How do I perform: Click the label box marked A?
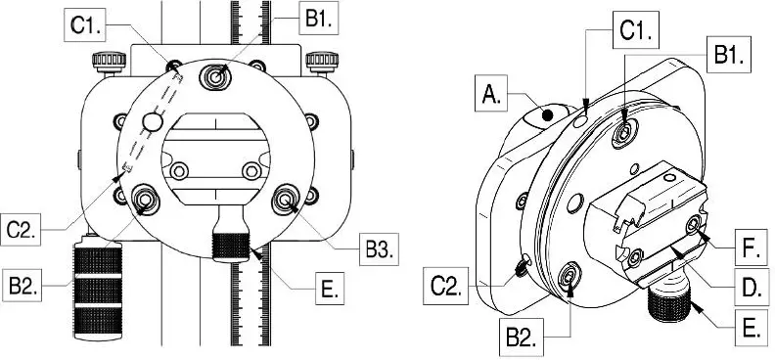(x=491, y=93)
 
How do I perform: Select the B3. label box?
(x=379, y=249)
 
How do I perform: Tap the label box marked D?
(x=752, y=286)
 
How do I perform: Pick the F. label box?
(x=752, y=247)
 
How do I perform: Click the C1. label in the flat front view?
(x=85, y=24)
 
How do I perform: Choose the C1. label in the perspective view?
(x=636, y=29)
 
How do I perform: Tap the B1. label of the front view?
(x=318, y=18)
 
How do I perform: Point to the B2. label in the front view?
(x=22, y=285)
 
